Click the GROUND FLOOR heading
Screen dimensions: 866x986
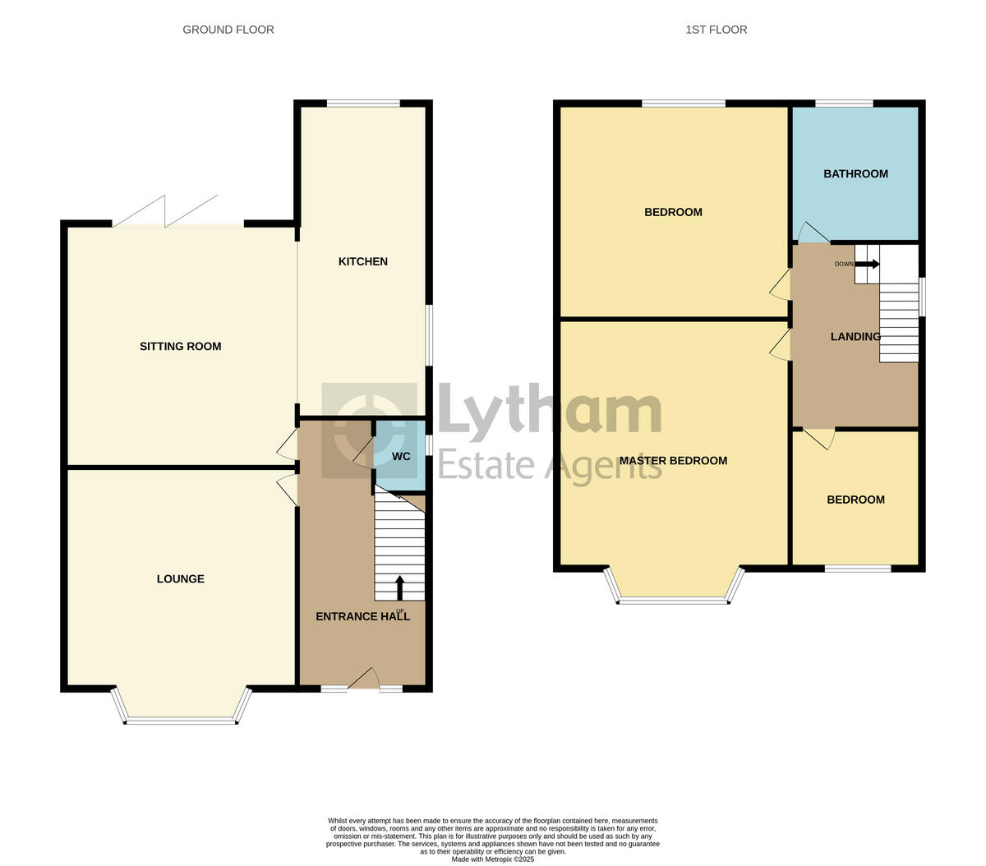228,30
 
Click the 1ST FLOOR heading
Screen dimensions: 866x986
716,30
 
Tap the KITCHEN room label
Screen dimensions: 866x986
362,261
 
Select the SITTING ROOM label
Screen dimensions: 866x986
180,346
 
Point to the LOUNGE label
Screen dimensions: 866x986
180,578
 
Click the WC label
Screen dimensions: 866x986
401,456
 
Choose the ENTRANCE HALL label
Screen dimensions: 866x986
362,616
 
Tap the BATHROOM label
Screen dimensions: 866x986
855,173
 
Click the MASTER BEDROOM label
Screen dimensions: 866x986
673,460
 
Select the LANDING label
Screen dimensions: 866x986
855,336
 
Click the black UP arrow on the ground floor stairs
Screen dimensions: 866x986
400,587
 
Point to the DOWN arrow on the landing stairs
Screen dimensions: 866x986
867,264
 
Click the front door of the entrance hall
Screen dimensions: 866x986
363,679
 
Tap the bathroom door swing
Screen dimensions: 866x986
812,233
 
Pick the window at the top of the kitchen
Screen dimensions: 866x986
362,104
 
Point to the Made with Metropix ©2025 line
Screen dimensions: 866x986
493,859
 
